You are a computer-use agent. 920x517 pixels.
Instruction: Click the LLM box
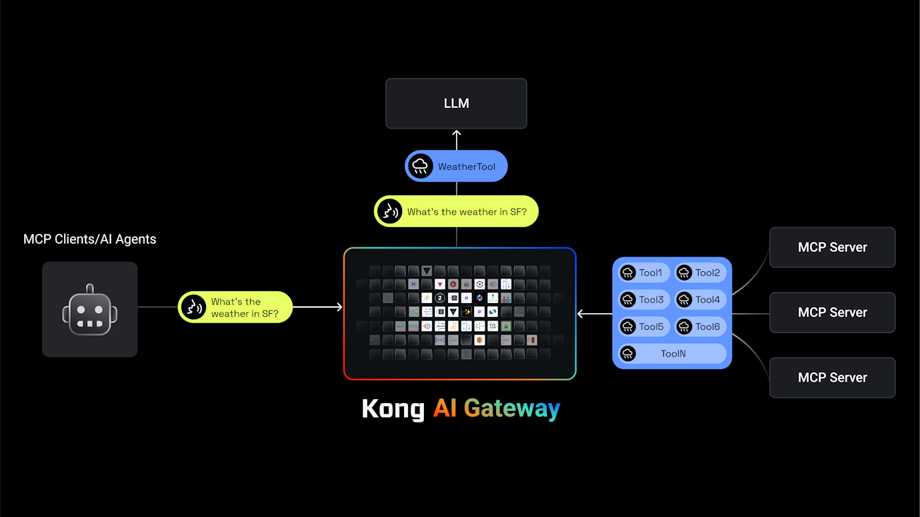456,103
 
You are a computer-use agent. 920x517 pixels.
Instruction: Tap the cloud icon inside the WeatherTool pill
421,166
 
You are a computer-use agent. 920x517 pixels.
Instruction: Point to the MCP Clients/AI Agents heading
89,239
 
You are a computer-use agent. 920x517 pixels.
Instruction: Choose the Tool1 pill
642,272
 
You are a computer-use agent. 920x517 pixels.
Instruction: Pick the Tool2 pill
699,272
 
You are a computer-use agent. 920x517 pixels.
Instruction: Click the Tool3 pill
642,300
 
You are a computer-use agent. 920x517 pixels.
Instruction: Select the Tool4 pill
699,300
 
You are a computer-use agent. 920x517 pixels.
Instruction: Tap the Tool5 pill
642,326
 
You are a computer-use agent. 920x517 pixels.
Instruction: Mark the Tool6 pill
699,326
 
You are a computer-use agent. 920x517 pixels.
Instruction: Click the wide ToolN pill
671,354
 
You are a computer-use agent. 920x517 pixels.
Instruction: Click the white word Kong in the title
393,408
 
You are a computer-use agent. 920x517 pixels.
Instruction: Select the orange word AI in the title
444,408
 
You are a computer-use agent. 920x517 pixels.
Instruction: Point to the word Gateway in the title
511,408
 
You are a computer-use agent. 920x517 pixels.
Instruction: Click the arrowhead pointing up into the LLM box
457,134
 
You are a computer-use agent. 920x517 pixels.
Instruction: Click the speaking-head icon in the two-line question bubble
193,307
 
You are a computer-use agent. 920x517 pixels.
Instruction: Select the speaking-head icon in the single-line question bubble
389,211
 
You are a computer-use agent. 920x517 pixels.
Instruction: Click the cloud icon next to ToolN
628,354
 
